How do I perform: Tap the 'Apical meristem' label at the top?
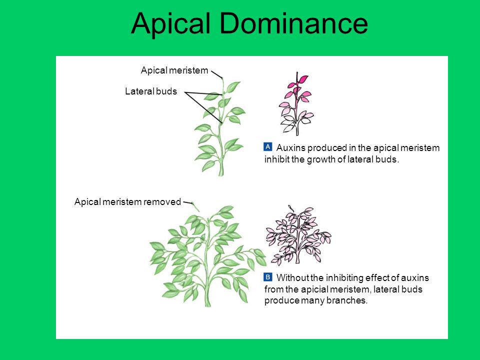(174, 70)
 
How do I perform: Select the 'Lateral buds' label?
(150, 91)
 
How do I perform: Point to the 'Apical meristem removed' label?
(127, 202)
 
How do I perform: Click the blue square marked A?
(268, 146)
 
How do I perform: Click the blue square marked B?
(268, 276)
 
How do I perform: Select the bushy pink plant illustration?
(297, 235)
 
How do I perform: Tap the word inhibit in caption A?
(276, 160)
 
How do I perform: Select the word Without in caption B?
(292, 278)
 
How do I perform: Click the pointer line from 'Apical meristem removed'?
(188, 203)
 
